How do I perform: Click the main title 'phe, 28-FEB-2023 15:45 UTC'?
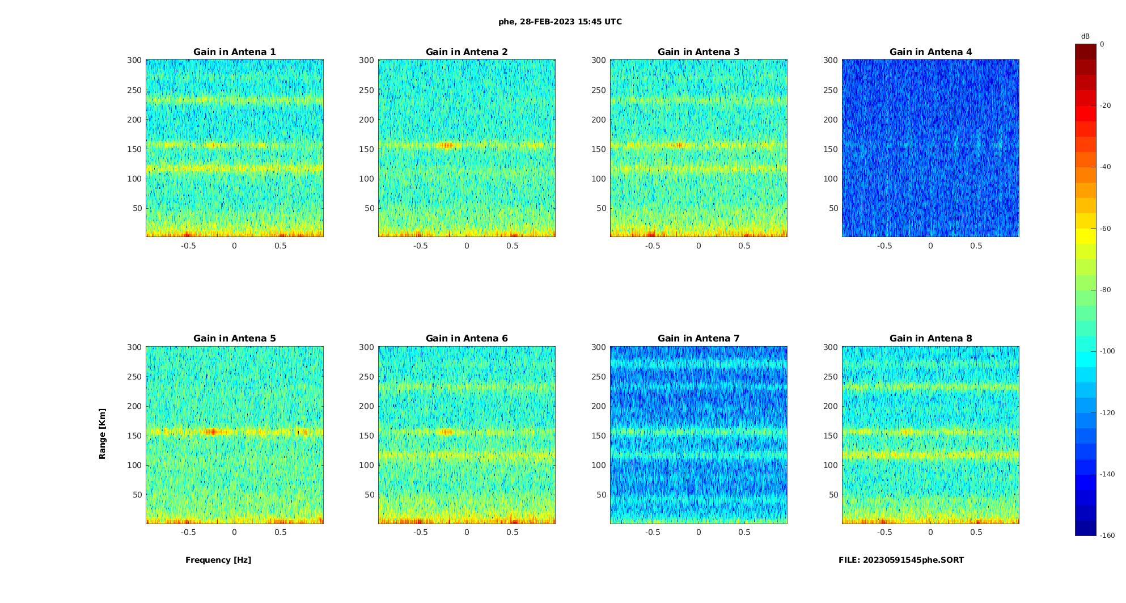coord(560,22)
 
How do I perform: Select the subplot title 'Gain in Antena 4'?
coord(930,52)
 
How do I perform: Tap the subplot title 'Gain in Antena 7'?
coord(699,338)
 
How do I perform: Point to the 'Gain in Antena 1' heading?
coord(234,52)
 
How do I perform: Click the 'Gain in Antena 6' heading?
coord(467,338)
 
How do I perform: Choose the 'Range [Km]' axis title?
coord(103,434)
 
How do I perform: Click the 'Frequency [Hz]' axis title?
coord(218,560)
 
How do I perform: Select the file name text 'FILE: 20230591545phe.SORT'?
coord(901,560)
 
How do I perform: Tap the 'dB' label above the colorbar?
coord(1085,36)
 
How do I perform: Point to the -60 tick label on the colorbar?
coord(1106,229)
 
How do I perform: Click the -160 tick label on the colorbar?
coord(1107,535)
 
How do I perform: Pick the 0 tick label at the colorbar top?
coord(1102,44)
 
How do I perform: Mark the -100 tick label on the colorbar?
coord(1107,351)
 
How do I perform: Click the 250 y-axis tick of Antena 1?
coord(134,90)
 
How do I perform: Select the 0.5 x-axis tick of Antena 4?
coord(976,246)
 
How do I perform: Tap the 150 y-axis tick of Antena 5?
coord(134,436)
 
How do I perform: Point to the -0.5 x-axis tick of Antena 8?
coord(884,532)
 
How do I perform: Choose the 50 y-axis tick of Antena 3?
coord(601,208)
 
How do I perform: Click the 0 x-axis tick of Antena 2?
coord(467,246)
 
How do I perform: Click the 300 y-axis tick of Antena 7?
coord(599,347)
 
